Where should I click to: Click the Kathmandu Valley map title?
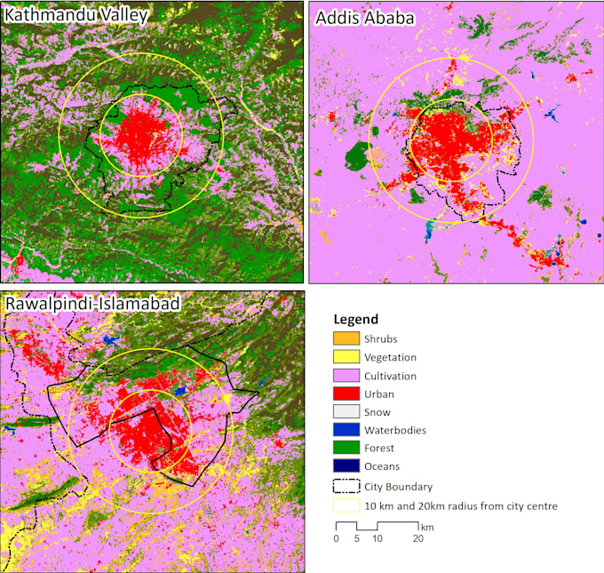(75, 15)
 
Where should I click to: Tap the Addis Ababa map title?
(363, 18)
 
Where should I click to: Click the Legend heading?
(356, 320)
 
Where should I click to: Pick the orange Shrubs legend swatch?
(346, 338)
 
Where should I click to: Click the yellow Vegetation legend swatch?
(346, 357)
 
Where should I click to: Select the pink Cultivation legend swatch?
(346, 376)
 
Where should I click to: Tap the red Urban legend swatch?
(346, 394)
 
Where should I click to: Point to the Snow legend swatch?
(346, 412)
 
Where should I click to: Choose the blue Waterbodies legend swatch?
(346, 430)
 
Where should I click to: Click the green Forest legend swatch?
(346, 449)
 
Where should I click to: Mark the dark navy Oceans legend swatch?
(346, 466)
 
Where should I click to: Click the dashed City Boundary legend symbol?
(346, 486)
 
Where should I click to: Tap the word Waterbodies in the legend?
(395, 430)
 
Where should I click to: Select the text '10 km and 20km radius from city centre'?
(460, 506)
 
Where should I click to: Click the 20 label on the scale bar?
(417, 538)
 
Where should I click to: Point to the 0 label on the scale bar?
(337, 538)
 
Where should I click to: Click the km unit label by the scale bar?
(428, 527)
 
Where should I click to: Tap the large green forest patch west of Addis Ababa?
(357, 156)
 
